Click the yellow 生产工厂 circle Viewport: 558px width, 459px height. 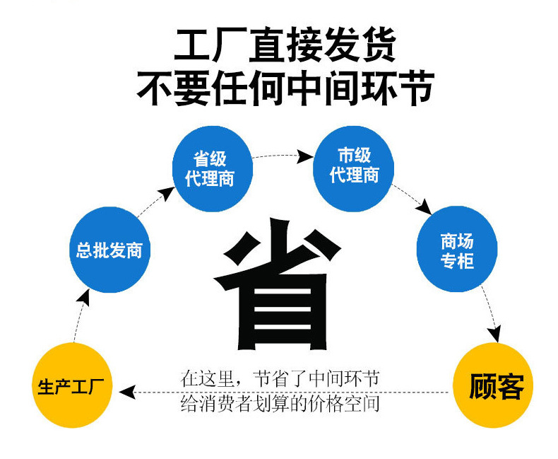click(72, 387)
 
